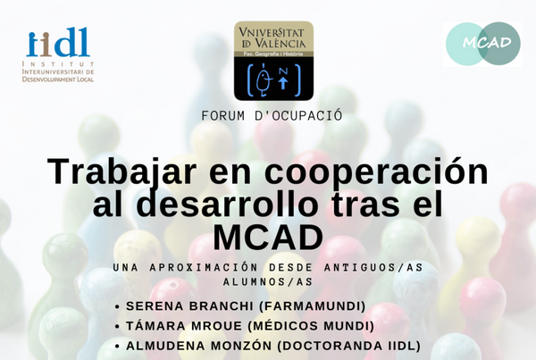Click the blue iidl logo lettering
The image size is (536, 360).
click(x=58, y=42)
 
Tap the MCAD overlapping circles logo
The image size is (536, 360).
click(x=483, y=44)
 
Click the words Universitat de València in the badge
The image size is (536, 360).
click(x=273, y=38)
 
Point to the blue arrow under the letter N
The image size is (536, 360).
click(x=282, y=82)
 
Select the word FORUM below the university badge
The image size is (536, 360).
click(x=222, y=115)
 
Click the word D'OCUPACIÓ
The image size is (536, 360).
click(x=298, y=115)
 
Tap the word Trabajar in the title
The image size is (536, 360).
click(x=122, y=173)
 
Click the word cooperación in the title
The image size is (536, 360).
click(x=376, y=172)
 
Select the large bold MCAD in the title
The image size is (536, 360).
click(x=268, y=238)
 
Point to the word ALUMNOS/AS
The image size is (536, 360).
click(x=268, y=281)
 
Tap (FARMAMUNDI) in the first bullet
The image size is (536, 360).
click(x=313, y=306)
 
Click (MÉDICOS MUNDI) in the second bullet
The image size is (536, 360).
click(x=311, y=326)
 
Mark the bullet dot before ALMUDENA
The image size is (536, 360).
click(x=118, y=347)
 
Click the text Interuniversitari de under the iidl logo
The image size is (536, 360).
click(x=58, y=71)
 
